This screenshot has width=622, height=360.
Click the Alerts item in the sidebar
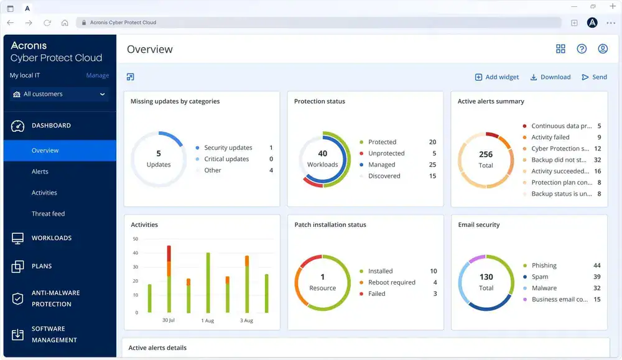(x=40, y=172)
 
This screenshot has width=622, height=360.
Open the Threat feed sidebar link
(x=48, y=214)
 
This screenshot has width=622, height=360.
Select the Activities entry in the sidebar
(x=44, y=193)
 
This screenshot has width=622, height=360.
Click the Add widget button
(x=497, y=77)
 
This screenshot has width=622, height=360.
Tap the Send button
(x=594, y=77)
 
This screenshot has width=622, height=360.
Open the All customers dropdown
(x=60, y=95)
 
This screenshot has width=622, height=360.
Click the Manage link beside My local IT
(x=97, y=76)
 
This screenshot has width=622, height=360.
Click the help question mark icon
(x=582, y=49)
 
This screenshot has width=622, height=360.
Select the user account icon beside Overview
(x=602, y=49)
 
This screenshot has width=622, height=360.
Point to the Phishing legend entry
(x=544, y=265)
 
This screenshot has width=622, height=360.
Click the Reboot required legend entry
(x=391, y=282)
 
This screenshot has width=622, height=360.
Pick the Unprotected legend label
(x=386, y=154)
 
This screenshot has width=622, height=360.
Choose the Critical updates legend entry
(x=226, y=159)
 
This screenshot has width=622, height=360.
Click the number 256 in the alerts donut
(x=486, y=154)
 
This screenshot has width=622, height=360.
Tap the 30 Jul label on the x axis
(x=169, y=321)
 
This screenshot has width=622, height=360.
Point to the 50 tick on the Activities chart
(x=135, y=239)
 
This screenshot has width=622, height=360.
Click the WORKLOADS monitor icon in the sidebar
(x=17, y=238)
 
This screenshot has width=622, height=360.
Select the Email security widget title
(x=478, y=225)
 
